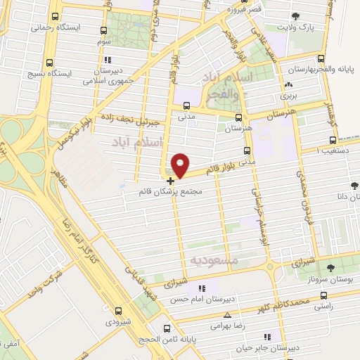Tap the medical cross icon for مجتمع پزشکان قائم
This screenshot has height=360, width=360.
pos(170,181)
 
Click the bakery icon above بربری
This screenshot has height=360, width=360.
pos(287,82)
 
